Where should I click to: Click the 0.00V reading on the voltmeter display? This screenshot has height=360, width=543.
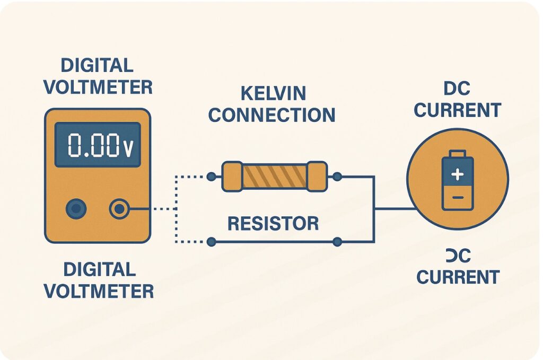98,145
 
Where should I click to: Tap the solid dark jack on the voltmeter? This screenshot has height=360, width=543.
76,209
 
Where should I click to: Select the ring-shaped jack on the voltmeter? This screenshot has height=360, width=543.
119,209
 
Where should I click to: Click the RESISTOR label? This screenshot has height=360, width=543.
273,223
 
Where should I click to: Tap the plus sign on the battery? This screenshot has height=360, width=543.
458,174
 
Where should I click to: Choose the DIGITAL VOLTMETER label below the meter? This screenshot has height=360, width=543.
99,279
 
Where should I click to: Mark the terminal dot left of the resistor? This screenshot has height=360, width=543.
211,176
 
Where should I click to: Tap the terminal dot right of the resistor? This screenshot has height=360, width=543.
337,176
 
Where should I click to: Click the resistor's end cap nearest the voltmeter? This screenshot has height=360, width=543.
232,177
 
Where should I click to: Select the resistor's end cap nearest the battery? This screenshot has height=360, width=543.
317,177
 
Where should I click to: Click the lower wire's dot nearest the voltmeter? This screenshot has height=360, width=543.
211,242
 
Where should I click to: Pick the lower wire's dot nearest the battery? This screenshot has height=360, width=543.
337,242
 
